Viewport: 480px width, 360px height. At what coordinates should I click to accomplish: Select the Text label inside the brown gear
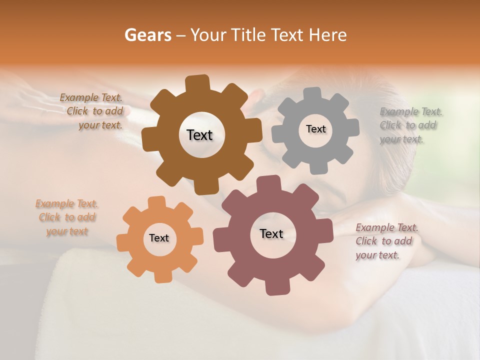199,135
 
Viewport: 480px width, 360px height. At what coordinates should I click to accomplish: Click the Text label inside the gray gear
315,129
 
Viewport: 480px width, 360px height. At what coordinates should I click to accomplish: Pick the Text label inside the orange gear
159,238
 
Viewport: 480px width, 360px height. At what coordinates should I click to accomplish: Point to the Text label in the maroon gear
271,234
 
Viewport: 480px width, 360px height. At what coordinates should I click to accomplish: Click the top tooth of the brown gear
197,83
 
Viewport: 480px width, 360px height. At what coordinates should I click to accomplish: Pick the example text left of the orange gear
66,217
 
